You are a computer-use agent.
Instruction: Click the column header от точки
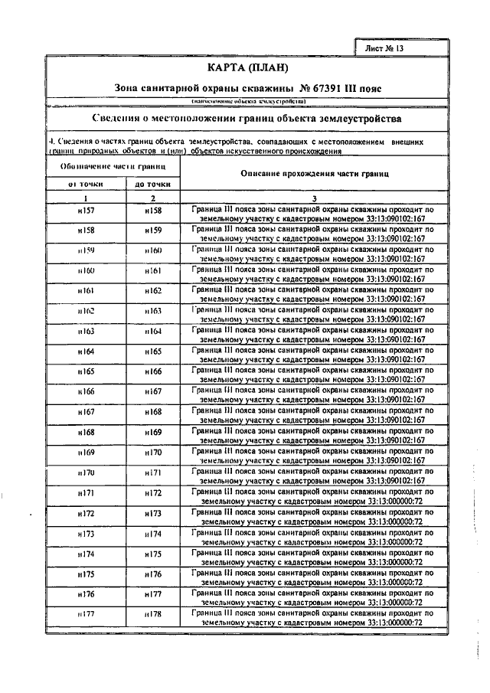[x=87, y=185]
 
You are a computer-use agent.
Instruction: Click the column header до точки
[x=152, y=185]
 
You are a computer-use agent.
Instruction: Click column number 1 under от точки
[x=87, y=198]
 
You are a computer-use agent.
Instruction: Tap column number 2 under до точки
[x=152, y=198]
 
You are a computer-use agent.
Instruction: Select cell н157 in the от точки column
[x=87, y=210]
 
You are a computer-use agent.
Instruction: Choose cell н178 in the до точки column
[x=153, y=614]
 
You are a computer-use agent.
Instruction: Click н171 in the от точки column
[x=87, y=493]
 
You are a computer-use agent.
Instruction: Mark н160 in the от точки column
[x=87, y=271]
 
